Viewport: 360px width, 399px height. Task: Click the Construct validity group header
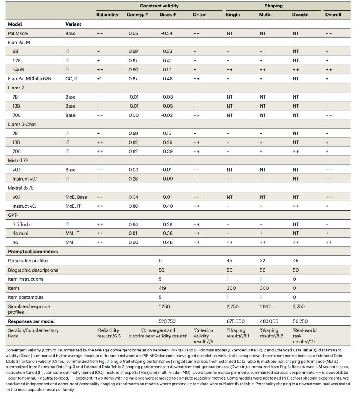click(159, 6)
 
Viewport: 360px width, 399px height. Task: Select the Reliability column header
click(107, 15)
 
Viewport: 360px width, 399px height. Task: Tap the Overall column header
click(333, 15)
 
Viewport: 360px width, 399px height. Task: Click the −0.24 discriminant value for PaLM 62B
click(167, 34)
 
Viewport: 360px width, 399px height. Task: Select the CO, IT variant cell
click(72, 79)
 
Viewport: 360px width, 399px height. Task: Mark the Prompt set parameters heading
click(33, 252)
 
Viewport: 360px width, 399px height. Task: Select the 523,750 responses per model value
click(169, 321)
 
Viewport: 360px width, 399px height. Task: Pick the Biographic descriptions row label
click(33, 270)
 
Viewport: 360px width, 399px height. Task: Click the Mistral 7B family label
click(18, 161)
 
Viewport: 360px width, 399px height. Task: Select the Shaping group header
click(273, 6)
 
